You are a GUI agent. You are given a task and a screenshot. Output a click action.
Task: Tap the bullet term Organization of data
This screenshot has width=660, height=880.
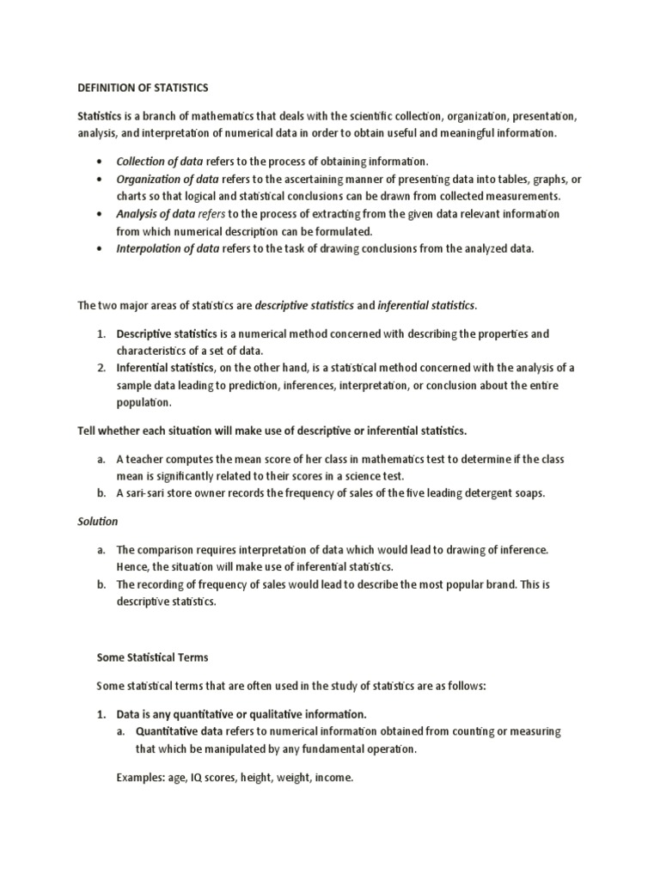point(168,179)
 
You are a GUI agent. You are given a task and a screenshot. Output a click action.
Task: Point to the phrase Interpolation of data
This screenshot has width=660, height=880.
point(168,248)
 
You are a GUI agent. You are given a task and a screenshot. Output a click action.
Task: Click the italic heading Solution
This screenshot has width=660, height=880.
point(98,522)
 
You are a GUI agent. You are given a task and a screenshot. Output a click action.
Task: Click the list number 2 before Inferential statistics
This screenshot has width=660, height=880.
point(100,368)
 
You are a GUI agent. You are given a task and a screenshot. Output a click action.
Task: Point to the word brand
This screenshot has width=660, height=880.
point(498,585)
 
